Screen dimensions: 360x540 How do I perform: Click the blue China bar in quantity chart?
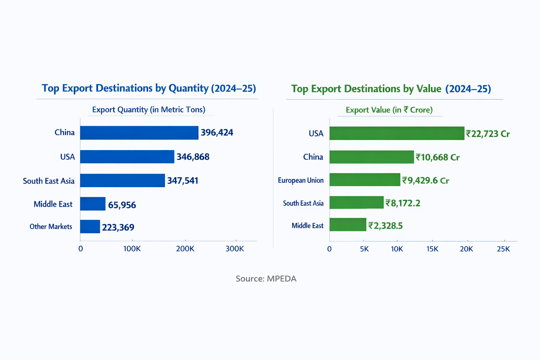(139, 133)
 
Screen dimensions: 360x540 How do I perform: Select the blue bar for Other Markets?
(90, 227)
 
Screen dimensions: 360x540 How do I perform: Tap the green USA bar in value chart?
(397, 133)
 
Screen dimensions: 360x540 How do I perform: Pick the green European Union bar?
(365, 180)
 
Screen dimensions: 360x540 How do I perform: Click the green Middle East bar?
(348, 225)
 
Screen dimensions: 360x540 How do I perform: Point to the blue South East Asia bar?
(122, 180)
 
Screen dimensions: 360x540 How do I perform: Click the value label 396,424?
(217, 133)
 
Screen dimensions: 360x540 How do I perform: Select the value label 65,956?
(122, 205)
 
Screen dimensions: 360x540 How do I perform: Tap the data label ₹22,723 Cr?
(488, 134)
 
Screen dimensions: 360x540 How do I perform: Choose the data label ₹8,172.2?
(403, 203)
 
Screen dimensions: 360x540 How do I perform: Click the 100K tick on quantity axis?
(132, 249)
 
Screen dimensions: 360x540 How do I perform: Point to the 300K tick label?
(234, 249)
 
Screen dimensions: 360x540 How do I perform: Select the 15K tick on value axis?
(432, 249)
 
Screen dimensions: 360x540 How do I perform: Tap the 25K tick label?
(503, 249)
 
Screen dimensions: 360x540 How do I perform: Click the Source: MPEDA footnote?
(266, 279)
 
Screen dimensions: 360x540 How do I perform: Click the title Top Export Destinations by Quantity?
(149, 88)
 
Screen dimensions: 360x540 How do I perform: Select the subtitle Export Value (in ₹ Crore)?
(389, 110)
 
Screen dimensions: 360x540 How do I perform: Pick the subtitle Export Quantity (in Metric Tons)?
(149, 110)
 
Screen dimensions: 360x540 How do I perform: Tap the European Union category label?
(301, 180)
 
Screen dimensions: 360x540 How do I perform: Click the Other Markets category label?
(51, 227)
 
